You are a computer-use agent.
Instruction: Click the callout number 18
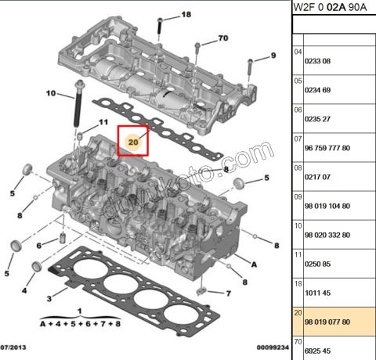186,16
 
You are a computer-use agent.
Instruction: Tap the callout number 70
222,38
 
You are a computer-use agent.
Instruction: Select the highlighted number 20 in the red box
133,142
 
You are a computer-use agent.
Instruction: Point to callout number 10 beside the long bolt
50,94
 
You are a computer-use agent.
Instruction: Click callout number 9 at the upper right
273,55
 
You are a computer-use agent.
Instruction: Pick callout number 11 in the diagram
103,122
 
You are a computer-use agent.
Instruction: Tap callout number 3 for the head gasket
49,298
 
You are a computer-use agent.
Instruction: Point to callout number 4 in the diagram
24,290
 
